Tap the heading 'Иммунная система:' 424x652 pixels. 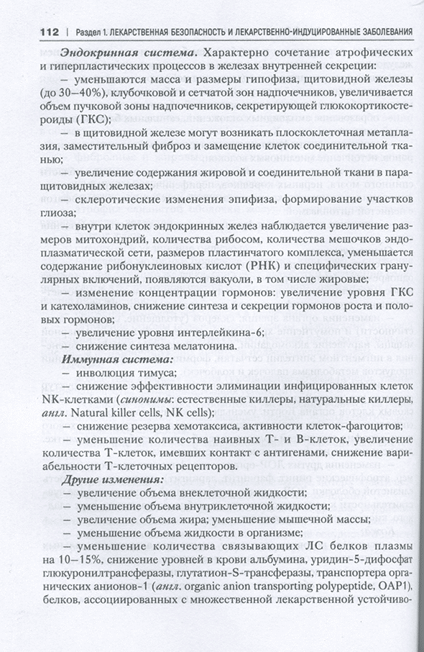(117, 358)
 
